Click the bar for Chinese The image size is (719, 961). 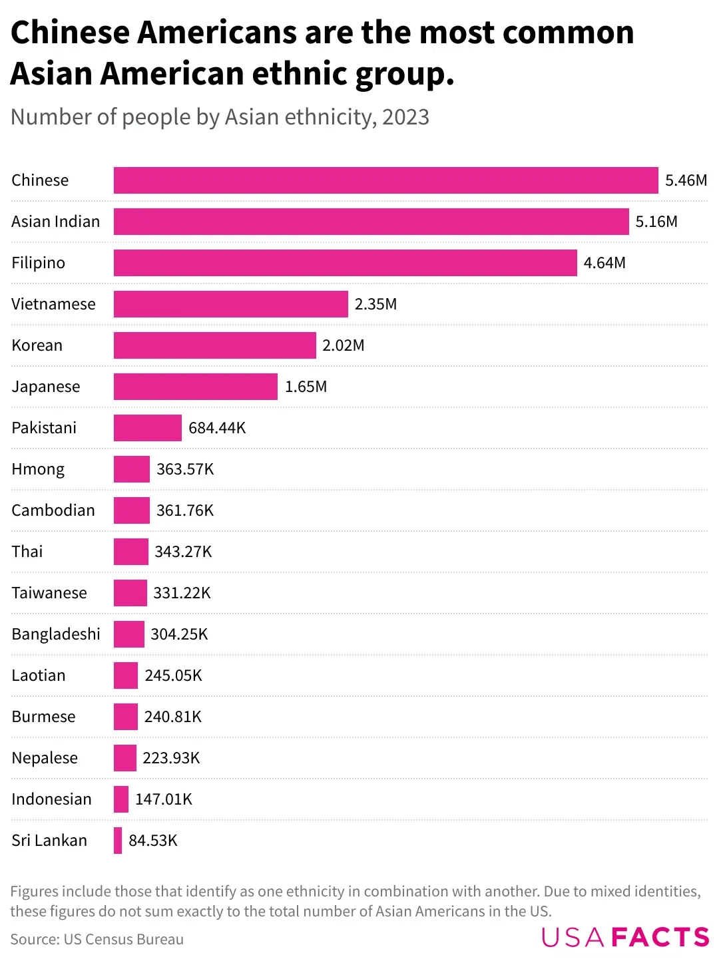385,180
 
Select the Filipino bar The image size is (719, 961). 345,263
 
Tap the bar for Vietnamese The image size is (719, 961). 230,304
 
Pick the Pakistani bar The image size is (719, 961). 147,428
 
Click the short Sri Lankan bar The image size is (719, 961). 118,841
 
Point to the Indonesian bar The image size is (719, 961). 121,799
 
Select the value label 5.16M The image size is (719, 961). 656,222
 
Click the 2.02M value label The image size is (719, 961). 344,345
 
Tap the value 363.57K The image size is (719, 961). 185,469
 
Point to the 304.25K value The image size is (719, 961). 179,634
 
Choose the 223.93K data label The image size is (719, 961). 171,758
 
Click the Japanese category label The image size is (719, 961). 46,387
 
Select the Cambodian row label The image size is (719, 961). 53,510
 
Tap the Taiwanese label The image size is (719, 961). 49,593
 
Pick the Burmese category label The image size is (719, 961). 43,717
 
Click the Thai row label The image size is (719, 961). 27,552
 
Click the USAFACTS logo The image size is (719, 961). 625,937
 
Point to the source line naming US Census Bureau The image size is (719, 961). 97,939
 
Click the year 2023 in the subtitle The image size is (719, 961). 405,117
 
